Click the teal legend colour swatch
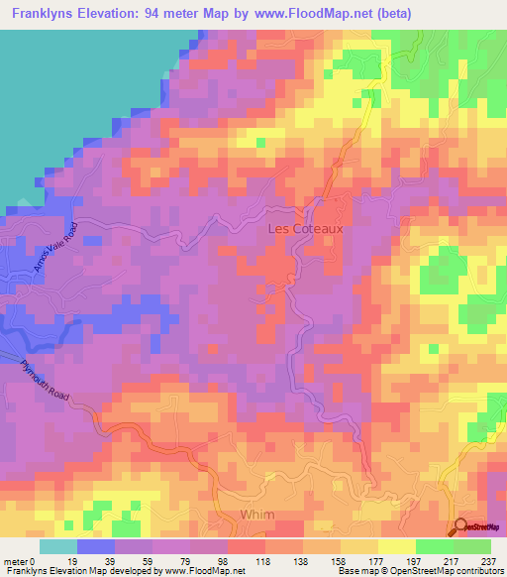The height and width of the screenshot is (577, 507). click(x=58, y=546)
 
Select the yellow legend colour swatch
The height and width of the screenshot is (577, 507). click(x=397, y=546)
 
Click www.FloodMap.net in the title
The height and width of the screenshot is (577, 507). click(x=314, y=13)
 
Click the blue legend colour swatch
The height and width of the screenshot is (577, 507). click(x=96, y=546)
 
